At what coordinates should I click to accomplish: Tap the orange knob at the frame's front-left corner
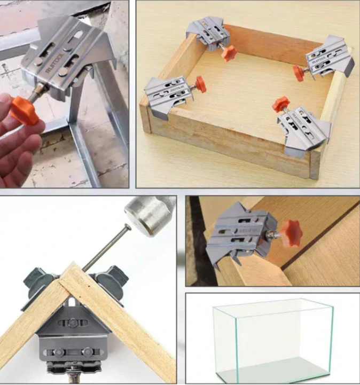pyautogui.click(x=200, y=83)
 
